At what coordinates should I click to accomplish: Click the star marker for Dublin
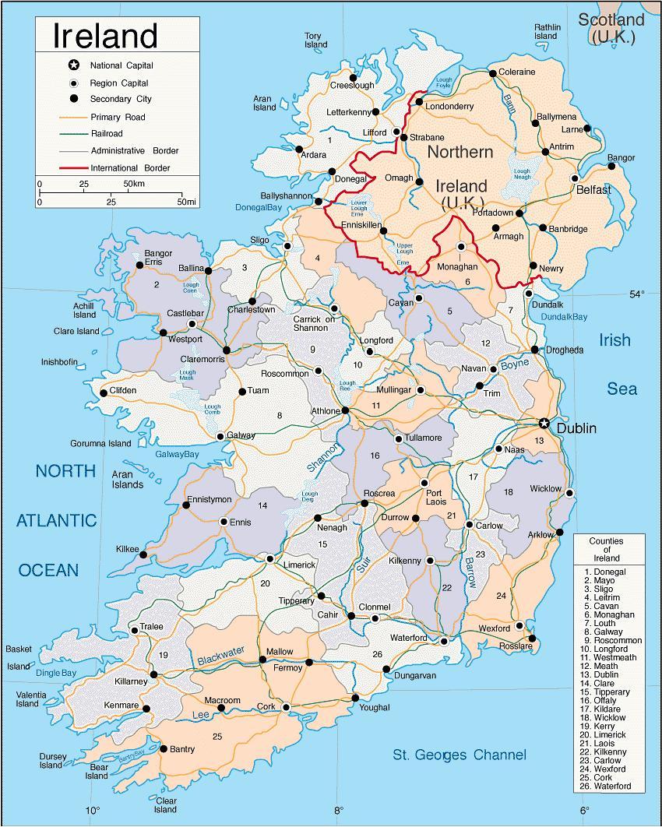pyautogui.click(x=544, y=423)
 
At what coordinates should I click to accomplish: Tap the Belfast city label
pyautogui.click(x=593, y=190)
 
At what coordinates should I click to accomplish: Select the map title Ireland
pyautogui.click(x=105, y=36)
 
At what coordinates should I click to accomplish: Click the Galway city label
pyautogui.click(x=241, y=435)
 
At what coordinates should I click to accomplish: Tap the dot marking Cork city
pyautogui.click(x=286, y=707)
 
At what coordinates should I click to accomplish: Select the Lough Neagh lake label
pyautogui.click(x=521, y=174)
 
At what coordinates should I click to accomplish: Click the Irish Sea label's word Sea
pyautogui.click(x=622, y=389)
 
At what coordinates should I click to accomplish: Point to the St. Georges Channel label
pyautogui.click(x=459, y=755)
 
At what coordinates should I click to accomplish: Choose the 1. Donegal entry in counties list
pyautogui.click(x=604, y=572)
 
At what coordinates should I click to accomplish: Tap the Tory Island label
pyautogui.click(x=315, y=40)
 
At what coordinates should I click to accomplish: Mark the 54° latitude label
pyautogui.click(x=637, y=294)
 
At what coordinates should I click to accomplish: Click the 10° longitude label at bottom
pyautogui.click(x=93, y=811)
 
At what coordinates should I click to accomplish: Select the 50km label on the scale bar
pyautogui.click(x=134, y=184)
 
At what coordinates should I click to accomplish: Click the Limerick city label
pyautogui.click(x=300, y=564)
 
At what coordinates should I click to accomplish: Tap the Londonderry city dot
pyautogui.click(x=419, y=101)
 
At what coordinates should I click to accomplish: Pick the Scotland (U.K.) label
pyautogui.click(x=611, y=28)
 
